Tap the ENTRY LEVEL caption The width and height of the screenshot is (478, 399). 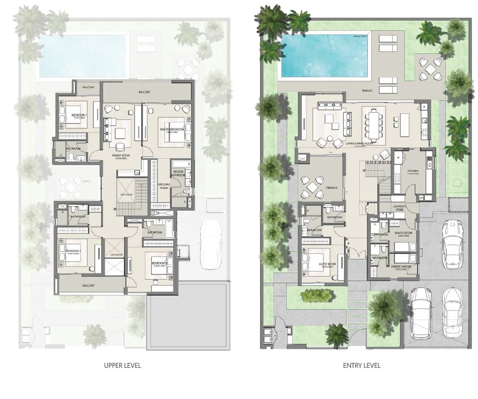coord(361,365)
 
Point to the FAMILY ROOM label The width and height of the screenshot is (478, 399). coord(122,156)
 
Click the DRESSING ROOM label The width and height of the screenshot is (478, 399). coord(164,186)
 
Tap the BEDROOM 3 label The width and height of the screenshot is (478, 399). coord(159,263)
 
